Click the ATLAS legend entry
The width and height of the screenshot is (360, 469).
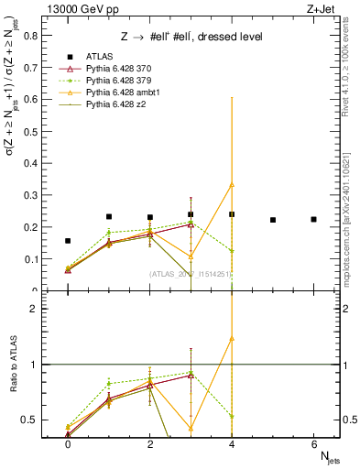[98, 57]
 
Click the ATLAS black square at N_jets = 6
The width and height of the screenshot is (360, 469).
[313, 219]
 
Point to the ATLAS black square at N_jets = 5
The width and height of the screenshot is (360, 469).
[273, 220]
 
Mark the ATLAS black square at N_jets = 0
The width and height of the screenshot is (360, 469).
[68, 241]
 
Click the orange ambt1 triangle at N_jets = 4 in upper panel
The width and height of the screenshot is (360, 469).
[232, 184]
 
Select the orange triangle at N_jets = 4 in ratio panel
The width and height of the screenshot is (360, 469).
[232, 338]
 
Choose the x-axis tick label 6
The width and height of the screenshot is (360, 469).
[313, 446]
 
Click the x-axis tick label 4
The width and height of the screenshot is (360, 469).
[232, 446]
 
